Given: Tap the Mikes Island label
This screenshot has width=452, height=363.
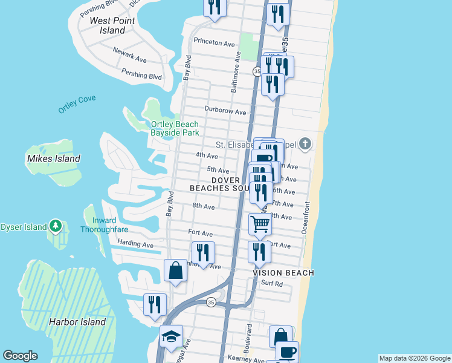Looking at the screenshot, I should click(53, 159).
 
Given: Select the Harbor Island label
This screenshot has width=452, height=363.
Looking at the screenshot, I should click(77, 322).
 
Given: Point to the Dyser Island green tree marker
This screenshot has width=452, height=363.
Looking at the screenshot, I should click(56, 226).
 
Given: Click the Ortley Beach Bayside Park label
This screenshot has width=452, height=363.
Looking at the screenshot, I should click(175, 128).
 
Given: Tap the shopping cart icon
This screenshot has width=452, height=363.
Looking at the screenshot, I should click(260, 224).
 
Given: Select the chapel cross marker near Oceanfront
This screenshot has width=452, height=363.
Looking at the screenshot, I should click(306, 143).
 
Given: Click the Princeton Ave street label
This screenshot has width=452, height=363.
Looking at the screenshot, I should click(214, 42).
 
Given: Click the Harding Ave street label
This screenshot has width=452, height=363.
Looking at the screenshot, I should click(136, 244).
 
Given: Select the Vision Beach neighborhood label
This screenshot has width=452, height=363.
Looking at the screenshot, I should click(283, 273).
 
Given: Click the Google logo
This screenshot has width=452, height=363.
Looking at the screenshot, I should click(20, 356).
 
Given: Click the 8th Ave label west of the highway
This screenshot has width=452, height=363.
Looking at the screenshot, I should click(204, 206).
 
